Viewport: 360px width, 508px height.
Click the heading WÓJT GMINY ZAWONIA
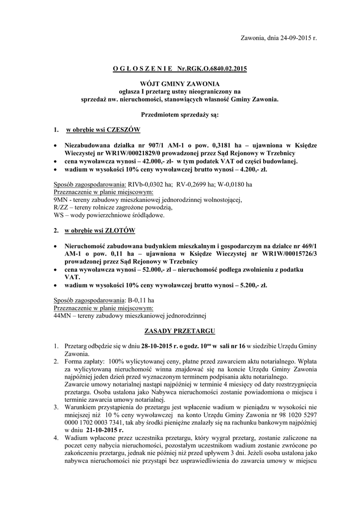[180, 84]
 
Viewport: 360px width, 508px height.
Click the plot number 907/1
[137, 146]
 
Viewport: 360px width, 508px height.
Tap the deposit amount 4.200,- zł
[249, 169]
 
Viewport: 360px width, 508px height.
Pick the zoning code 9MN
[61, 200]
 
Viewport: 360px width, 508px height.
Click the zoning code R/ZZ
[61, 208]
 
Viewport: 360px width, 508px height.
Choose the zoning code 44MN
[63, 316]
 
